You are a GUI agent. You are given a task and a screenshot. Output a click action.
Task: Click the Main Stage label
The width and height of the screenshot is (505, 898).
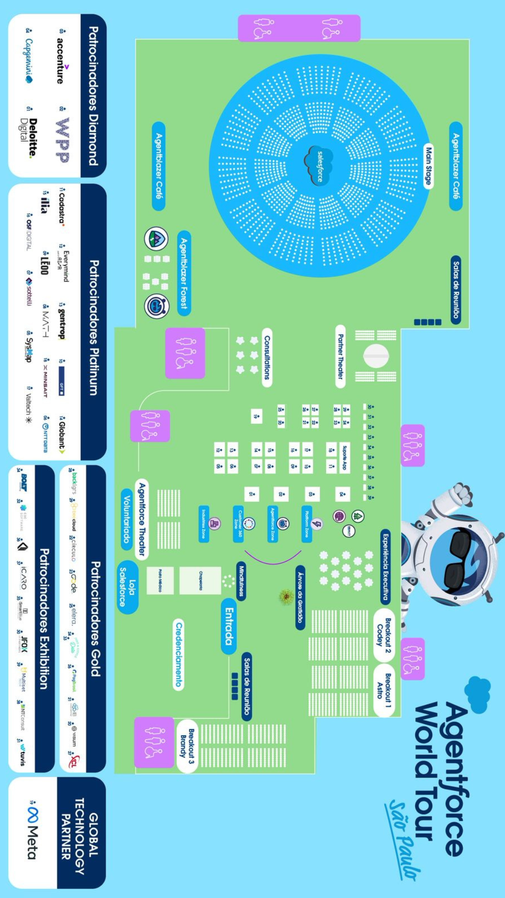428,166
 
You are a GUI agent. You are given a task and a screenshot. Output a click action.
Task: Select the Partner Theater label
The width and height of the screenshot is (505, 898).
340,356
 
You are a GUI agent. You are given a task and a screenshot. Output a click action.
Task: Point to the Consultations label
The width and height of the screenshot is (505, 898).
267,357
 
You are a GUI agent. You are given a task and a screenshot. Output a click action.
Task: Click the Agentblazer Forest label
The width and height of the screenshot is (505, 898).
184,273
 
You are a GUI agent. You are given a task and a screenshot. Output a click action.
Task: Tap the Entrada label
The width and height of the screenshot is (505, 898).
229,626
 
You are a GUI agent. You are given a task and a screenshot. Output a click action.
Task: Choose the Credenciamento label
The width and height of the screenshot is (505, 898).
179,654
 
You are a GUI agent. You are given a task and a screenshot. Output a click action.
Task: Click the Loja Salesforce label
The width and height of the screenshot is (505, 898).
127,587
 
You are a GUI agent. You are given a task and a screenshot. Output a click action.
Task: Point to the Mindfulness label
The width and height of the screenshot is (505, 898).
241,581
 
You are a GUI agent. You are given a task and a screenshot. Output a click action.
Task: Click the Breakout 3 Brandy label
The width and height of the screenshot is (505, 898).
187,746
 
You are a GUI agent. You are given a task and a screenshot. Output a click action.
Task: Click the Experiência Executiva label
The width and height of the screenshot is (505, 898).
385,566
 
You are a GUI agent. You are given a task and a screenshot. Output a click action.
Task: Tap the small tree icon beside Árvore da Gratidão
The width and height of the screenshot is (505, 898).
286,596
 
